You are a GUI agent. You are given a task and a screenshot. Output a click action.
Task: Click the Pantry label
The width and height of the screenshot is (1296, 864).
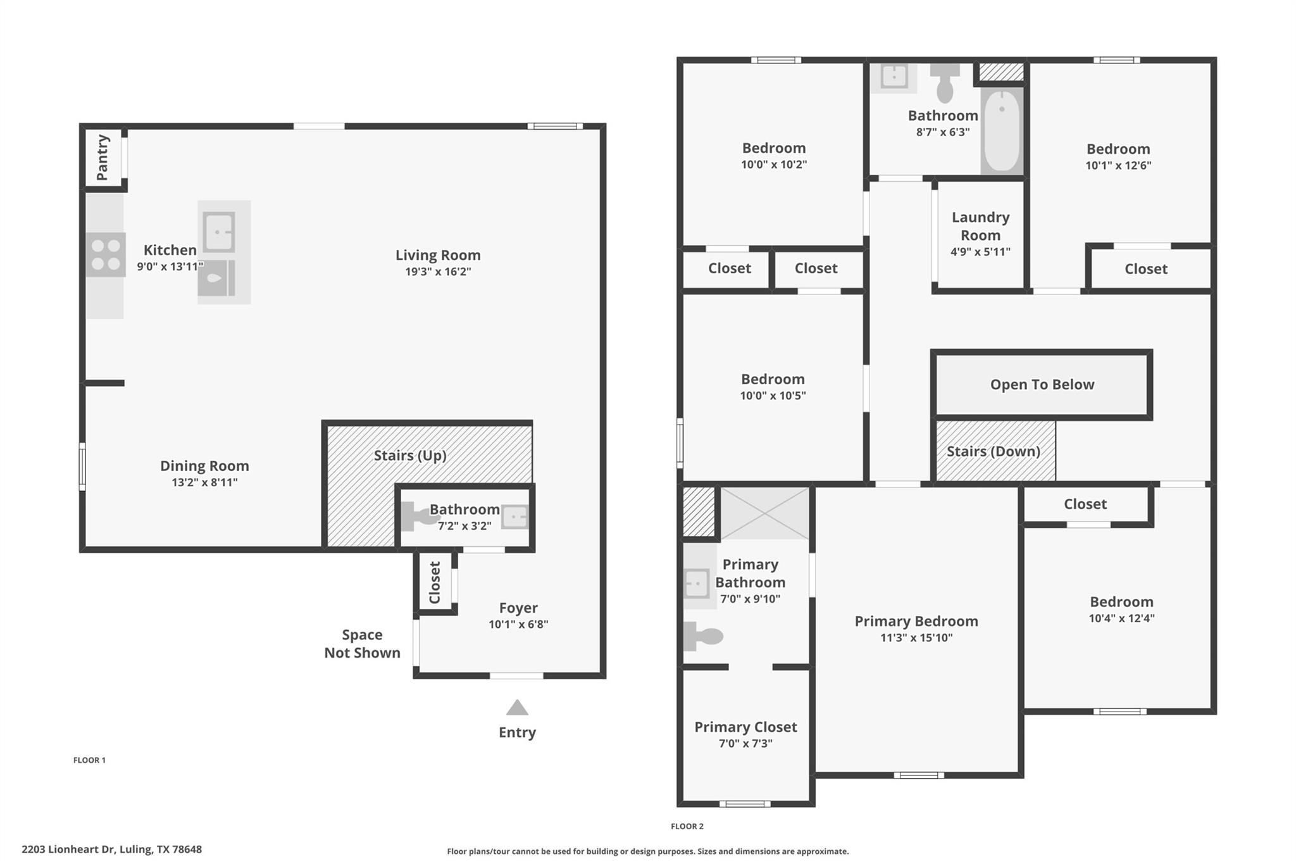(x=103, y=157)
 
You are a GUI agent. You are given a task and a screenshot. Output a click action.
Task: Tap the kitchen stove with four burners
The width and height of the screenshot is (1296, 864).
(x=106, y=254)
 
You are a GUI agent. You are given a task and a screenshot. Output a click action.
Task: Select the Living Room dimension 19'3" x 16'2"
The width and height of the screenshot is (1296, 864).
(x=438, y=272)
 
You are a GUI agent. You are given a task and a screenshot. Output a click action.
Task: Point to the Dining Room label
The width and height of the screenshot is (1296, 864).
(x=204, y=466)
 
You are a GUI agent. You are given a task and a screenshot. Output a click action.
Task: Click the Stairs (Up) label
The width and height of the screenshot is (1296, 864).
(x=410, y=455)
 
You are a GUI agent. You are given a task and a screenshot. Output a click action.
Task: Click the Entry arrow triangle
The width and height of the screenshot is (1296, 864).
(x=517, y=708)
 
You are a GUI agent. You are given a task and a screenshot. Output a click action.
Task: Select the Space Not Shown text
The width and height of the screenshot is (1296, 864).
(x=362, y=644)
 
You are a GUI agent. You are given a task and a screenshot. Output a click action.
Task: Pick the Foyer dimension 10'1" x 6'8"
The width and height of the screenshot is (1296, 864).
(x=518, y=624)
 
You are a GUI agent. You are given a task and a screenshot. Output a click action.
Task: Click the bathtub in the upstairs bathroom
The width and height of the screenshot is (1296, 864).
(x=1002, y=130)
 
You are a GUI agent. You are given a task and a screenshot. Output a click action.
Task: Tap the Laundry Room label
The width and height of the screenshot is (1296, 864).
(x=980, y=226)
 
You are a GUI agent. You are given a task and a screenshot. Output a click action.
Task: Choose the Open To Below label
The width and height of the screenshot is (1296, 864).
(x=1042, y=384)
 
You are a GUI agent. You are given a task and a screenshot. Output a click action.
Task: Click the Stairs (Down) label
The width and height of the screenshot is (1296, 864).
(x=993, y=451)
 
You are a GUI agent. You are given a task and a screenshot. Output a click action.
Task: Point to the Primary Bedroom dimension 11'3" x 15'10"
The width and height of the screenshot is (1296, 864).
(x=916, y=637)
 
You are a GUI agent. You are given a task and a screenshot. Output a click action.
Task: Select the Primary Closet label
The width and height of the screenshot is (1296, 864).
(x=745, y=727)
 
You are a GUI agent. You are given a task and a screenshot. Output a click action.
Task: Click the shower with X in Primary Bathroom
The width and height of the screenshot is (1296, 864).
(x=764, y=513)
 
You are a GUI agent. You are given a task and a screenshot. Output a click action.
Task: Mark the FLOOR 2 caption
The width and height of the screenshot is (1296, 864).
(x=687, y=826)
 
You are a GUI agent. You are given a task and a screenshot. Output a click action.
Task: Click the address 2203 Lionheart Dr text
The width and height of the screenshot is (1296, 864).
(x=111, y=849)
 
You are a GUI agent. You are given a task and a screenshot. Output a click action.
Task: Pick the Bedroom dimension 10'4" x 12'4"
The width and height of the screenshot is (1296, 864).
(x=1121, y=618)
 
